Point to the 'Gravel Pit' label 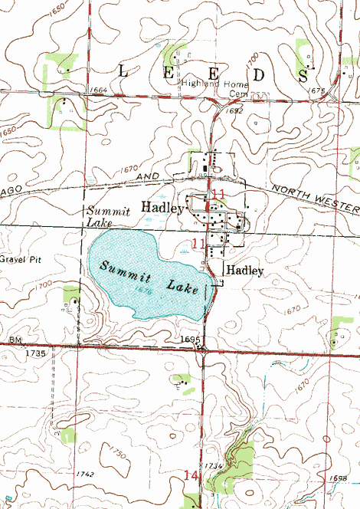click(x=18, y=259)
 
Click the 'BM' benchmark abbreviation click(x=15, y=339)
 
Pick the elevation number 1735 click(x=35, y=353)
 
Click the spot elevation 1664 click(x=98, y=90)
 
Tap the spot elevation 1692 click(x=234, y=111)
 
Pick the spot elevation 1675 click(x=319, y=90)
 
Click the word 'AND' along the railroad click(x=147, y=177)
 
